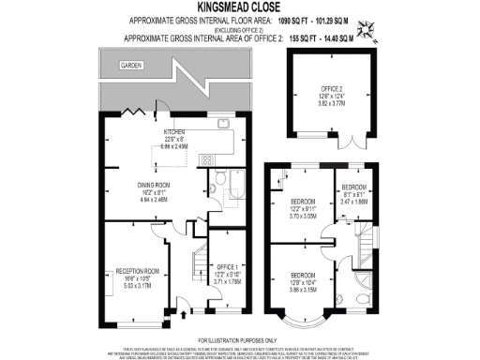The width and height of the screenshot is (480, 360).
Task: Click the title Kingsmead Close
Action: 239,7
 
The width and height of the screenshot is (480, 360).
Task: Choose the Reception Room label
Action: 137,272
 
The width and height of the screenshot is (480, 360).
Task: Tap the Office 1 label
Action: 229,266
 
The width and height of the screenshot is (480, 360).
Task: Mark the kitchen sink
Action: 224,124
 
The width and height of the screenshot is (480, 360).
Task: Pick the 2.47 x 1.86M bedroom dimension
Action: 353,201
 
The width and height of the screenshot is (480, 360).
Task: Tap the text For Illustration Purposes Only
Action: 238,339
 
